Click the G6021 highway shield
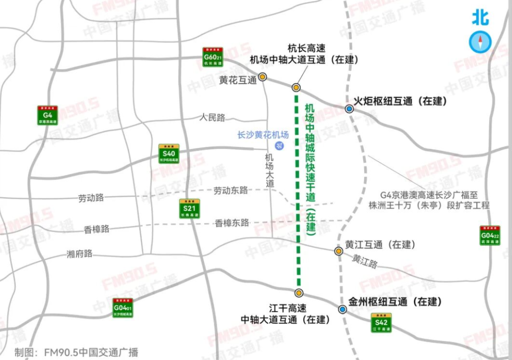[x=212, y=57]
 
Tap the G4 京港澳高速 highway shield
[x=47, y=115]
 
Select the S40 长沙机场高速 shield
[x=169, y=154]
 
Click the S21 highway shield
[x=189, y=209]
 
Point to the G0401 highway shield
[x=123, y=308]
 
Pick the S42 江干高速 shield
[x=381, y=323]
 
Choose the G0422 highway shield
[x=490, y=236]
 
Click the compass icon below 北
[x=480, y=42]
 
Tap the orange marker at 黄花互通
[x=263, y=77]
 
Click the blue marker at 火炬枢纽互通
[x=350, y=109]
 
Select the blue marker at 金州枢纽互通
[x=343, y=309]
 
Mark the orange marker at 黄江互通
[x=338, y=251]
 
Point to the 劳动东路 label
[x=231, y=191]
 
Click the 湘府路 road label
[x=79, y=254]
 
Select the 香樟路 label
[x=96, y=229]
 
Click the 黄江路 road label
[x=365, y=261]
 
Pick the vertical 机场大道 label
[x=270, y=170]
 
